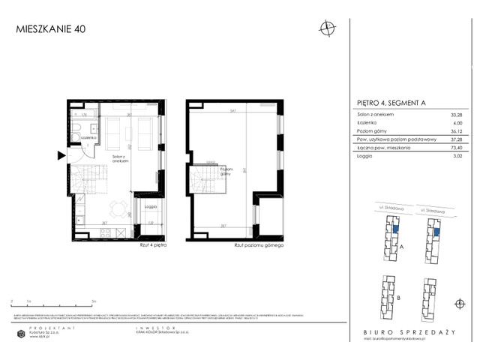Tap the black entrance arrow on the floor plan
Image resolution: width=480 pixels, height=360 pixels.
[61, 155]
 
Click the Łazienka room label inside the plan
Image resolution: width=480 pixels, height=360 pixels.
[87, 139]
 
